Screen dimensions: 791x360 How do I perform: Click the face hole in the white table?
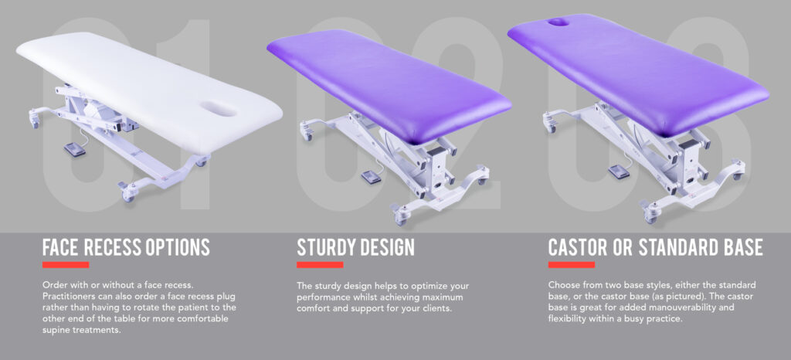[x=219, y=109]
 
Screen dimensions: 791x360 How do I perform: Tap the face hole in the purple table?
[x=559, y=22]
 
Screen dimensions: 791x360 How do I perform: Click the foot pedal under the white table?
[x=75, y=149]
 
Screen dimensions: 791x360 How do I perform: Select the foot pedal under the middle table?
[x=372, y=177]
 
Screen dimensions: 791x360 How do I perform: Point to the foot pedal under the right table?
[x=619, y=172]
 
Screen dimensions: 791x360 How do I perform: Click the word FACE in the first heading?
[x=59, y=247]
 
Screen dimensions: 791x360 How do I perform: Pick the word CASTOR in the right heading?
[x=576, y=247]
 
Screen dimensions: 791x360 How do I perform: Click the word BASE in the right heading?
[x=743, y=247]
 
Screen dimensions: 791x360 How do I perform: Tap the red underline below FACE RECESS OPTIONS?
[x=66, y=265]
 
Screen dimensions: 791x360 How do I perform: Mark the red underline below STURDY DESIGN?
[x=320, y=265]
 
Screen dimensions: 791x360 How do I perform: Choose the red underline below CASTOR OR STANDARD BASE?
[x=572, y=265]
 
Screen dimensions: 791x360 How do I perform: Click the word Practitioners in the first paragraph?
[x=66, y=295]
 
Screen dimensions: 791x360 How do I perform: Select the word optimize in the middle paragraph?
[x=429, y=286]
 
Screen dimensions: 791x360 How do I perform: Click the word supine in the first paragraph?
[x=56, y=330]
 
